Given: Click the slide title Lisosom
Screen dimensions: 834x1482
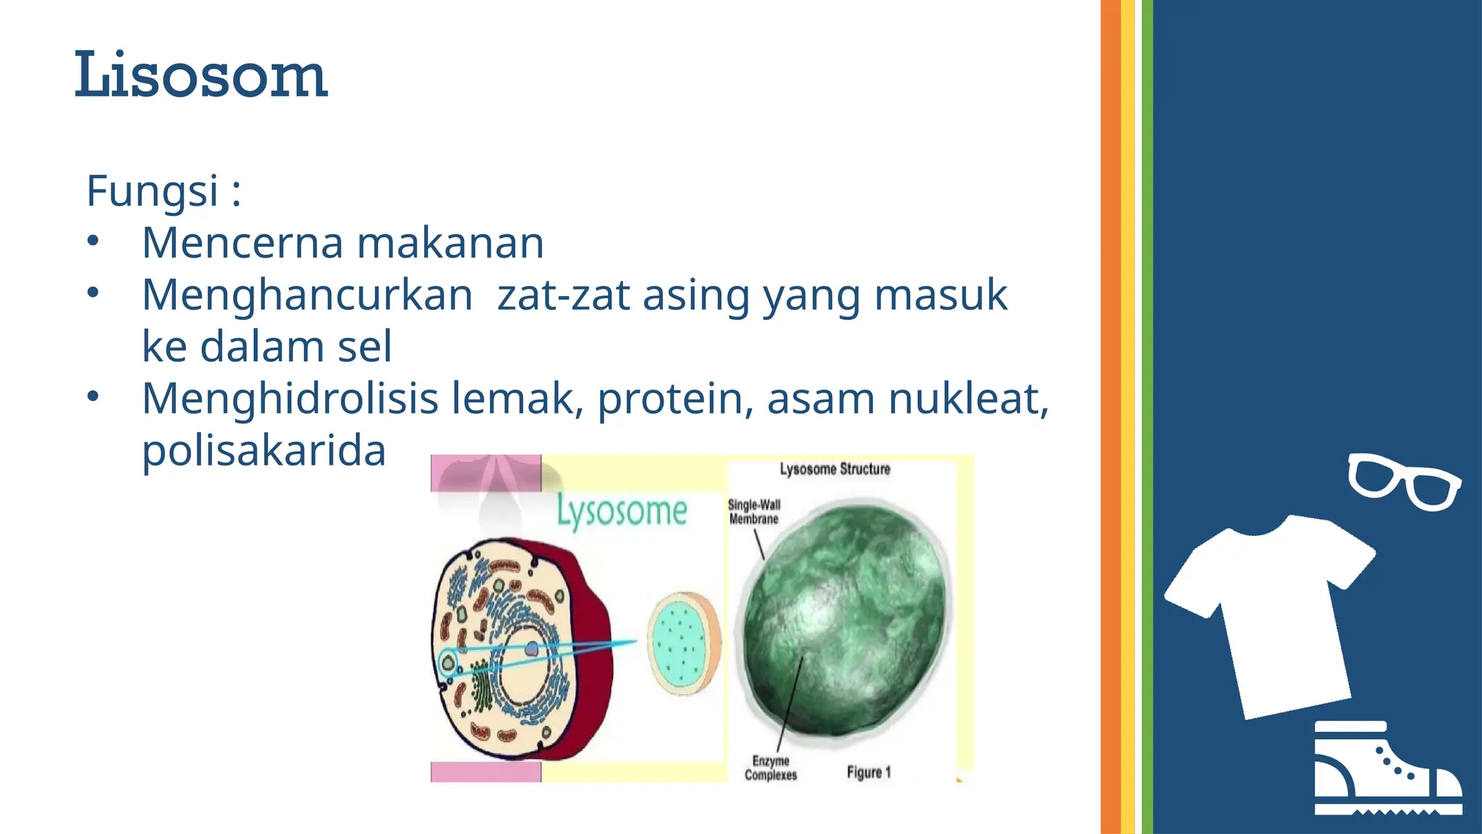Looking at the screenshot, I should click(x=201, y=75).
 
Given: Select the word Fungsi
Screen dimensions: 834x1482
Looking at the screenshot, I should click(x=152, y=190).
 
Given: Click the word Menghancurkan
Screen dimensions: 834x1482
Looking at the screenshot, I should click(x=307, y=295).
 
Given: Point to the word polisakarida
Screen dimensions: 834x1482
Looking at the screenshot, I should click(x=263, y=450).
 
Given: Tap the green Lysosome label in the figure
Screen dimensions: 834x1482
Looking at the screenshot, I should click(x=622, y=512).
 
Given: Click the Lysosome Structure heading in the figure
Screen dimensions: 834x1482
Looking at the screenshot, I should click(x=834, y=469).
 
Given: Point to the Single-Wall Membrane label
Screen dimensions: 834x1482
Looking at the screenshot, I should click(x=753, y=512).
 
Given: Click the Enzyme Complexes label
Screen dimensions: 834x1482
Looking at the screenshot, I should click(x=771, y=768).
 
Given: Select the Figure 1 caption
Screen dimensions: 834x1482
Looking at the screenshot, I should click(x=868, y=772).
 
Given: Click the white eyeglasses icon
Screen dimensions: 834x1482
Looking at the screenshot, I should click(x=1404, y=481).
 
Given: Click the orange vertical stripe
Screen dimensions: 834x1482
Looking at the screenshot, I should click(x=1110, y=417).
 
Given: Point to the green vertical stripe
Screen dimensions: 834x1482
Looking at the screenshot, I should click(x=1147, y=417).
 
